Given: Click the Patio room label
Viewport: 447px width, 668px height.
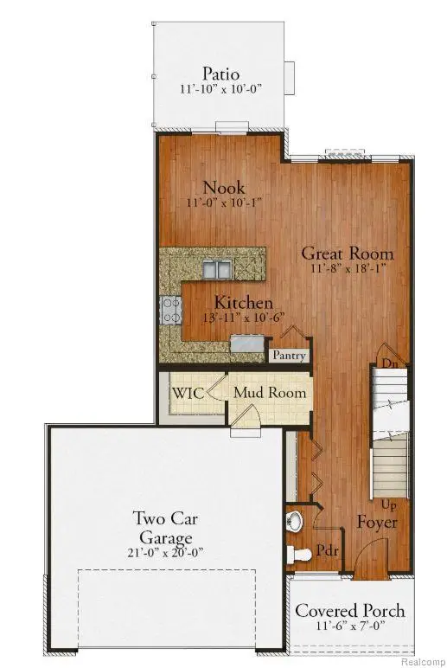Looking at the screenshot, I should pyautogui.click(x=222, y=73).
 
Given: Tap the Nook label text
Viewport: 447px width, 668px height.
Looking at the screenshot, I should pyautogui.click(x=223, y=187).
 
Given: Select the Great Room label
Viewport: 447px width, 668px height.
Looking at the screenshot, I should pyautogui.click(x=347, y=254).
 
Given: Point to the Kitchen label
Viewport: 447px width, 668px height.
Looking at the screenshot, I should pyautogui.click(x=244, y=303).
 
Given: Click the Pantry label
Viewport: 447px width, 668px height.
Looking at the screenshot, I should pyautogui.click(x=287, y=355).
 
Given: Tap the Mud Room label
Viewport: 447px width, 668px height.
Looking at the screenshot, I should pyautogui.click(x=271, y=393).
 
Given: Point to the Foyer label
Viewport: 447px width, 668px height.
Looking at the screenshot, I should pyautogui.click(x=377, y=523).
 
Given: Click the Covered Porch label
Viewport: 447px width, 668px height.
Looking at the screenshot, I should pyautogui.click(x=351, y=610).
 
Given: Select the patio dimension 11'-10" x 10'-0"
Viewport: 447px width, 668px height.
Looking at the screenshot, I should pyautogui.click(x=222, y=89).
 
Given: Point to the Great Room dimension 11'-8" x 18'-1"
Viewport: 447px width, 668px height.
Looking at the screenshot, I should pyautogui.click(x=347, y=269).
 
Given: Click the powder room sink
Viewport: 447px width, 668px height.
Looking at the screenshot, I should pyautogui.click(x=294, y=520).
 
